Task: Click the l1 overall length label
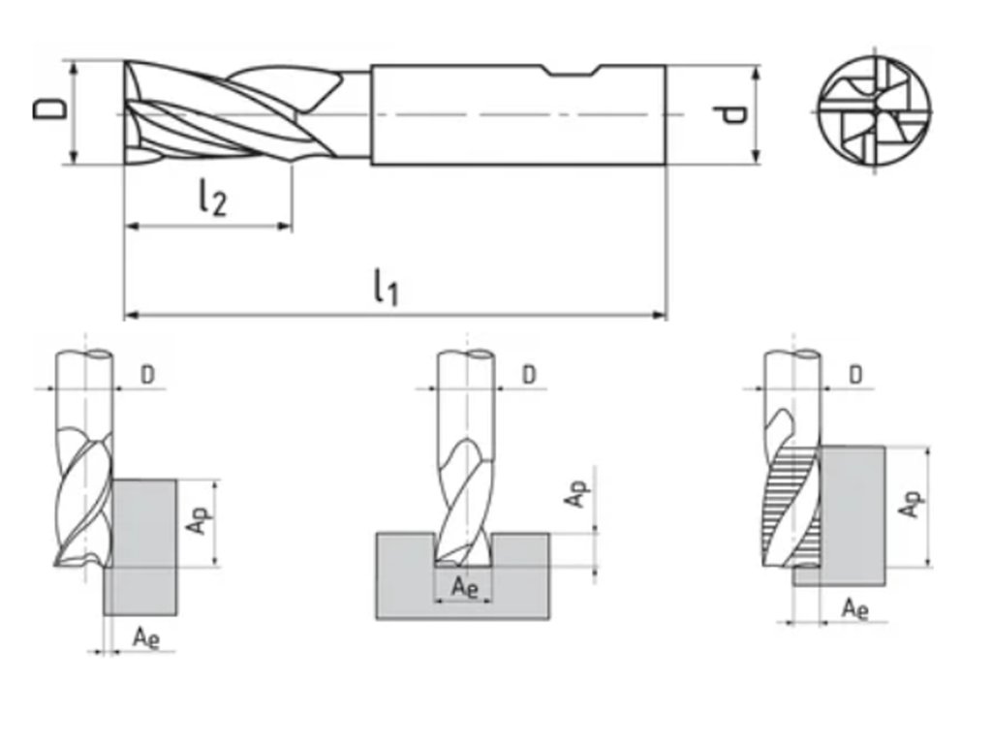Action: (x=386, y=287)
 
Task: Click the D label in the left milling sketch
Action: (x=147, y=375)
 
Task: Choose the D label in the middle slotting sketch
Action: (x=529, y=375)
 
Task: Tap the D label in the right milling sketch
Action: (x=856, y=375)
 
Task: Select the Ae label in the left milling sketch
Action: (x=145, y=636)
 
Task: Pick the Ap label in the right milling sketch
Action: (x=910, y=503)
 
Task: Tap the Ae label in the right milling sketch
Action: (x=854, y=608)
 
